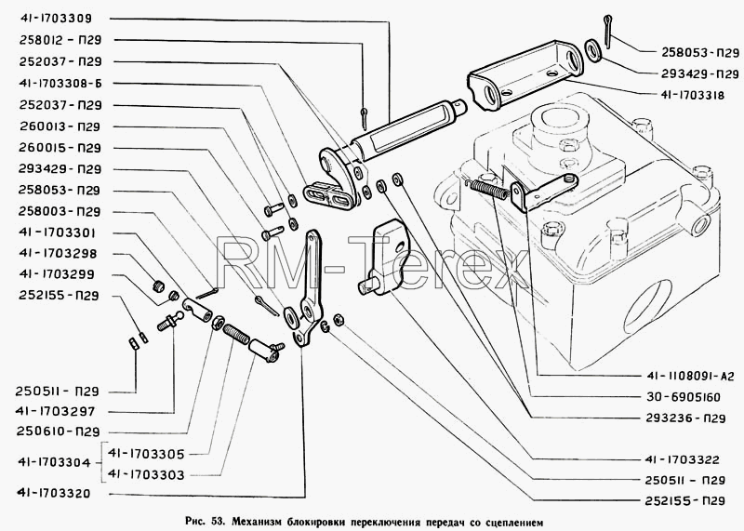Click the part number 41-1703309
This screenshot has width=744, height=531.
[56, 19]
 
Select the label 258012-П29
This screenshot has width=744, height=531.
[60, 40]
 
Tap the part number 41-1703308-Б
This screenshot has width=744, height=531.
[60, 84]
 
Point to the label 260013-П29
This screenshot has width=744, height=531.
[60, 126]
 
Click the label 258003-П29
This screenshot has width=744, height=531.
[60, 211]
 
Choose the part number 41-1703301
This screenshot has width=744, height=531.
[58, 233]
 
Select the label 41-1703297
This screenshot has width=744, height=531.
[56, 411]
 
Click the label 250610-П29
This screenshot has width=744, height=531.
[58, 431]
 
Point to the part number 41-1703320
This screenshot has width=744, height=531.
[53, 494]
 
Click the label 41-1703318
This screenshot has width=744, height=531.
[693, 96]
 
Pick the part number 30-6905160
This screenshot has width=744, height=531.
[684, 397]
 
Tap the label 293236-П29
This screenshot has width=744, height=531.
[685, 418]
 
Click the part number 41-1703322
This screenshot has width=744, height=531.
[683, 459]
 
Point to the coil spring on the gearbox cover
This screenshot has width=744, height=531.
[489, 188]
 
